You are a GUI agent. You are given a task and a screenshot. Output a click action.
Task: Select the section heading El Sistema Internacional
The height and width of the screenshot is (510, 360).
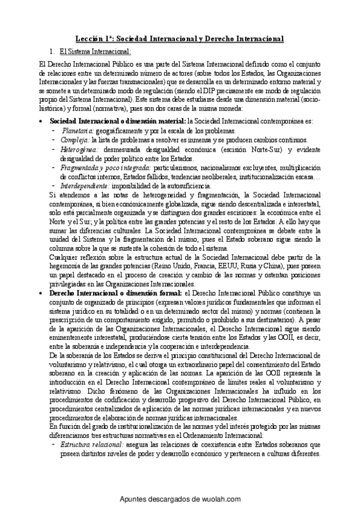tap(88, 52)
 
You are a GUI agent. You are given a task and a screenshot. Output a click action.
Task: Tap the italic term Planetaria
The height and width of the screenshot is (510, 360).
tap(78, 131)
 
